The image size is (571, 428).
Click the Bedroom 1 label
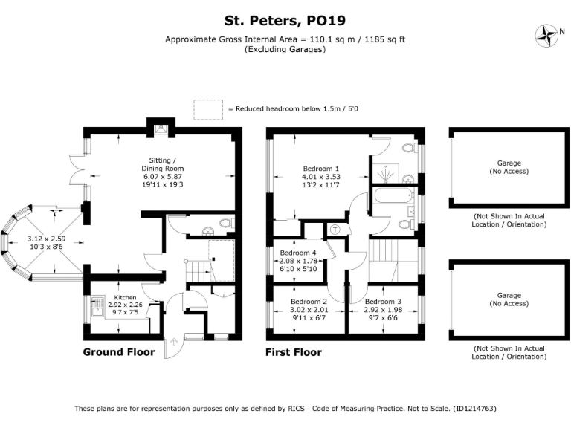tap(321, 168)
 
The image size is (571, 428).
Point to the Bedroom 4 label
tap(298, 253)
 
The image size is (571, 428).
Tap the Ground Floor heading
tap(119, 352)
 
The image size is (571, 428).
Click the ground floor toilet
tap(226, 223)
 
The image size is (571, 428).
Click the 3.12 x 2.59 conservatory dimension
tap(47, 239)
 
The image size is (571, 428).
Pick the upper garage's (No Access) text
tap(509, 172)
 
